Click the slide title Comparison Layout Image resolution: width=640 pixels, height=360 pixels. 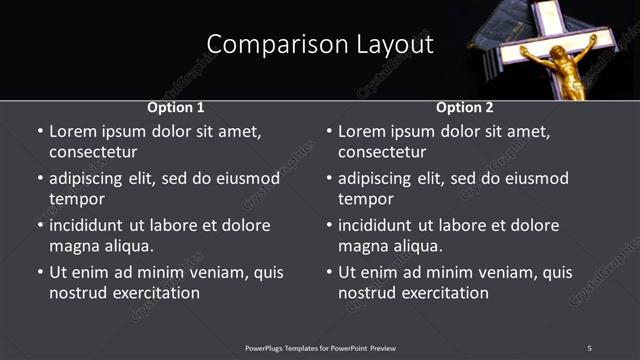[x=320, y=45]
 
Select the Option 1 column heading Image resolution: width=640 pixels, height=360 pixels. [x=176, y=107]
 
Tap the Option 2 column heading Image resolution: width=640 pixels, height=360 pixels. [x=465, y=107]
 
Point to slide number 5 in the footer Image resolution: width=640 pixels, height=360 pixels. [x=589, y=348]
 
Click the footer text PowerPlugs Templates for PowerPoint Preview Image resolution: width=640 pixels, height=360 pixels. [x=320, y=348]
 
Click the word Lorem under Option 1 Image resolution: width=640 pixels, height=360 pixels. [x=73, y=131]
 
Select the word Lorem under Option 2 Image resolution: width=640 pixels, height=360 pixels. [x=362, y=131]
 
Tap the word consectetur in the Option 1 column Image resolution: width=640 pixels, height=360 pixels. [x=93, y=153]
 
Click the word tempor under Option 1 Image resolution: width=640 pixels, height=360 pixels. [x=76, y=200]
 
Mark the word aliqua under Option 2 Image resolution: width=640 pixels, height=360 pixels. [x=414, y=247]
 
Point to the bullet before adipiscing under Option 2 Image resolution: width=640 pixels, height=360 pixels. [x=329, y=180]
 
